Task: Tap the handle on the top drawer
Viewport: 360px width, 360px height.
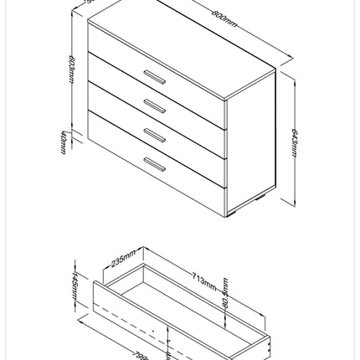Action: pos(154,77)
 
